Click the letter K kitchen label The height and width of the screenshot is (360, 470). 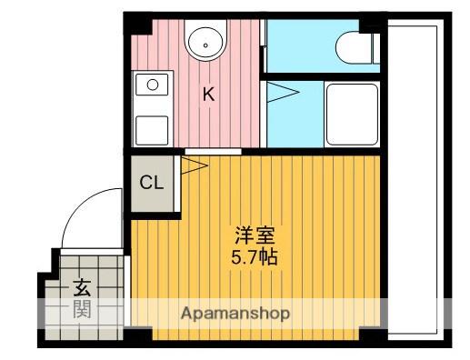[x=208, y=94]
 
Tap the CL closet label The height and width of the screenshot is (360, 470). [x=152, y=183]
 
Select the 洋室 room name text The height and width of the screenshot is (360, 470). [x=255, y=235]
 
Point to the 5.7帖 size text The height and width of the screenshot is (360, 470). [x=255, y=257]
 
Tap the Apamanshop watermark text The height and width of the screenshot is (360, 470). [x=235, y=314]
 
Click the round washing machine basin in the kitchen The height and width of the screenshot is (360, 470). [x=205, y=42]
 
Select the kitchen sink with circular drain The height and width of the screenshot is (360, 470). [x=152, y=85]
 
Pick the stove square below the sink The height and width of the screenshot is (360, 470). [x=152, y=131]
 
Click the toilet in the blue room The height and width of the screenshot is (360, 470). [x=354, y=47]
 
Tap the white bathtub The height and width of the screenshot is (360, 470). [x=352, y=115]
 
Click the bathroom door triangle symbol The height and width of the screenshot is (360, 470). [x=283, y=92]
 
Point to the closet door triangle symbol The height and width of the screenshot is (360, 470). [x=195, y=165]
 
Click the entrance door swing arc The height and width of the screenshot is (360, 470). [x=79, y=206]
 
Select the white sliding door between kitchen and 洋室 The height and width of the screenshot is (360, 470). [x=213, y=152]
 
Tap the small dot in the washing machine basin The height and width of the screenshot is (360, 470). [x=205, y=45]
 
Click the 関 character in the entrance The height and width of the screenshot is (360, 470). [x=82, y=309]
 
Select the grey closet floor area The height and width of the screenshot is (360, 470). [x=153, y=184]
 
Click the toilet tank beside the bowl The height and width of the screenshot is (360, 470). [x=376, y=47]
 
